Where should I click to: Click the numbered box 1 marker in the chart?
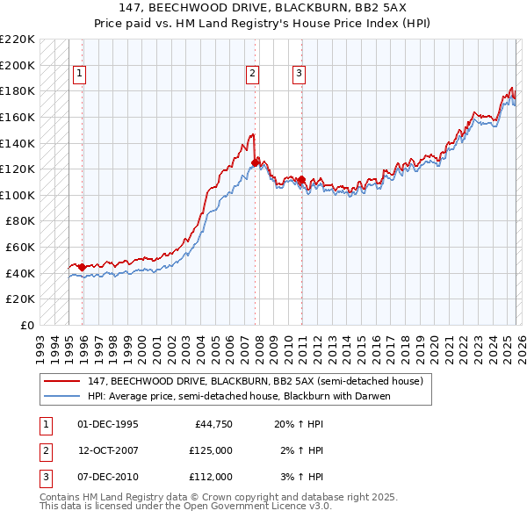click(x=79, y=75)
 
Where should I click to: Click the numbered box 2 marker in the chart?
click(x=252, y=75)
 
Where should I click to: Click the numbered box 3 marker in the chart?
click(x=299, y=75)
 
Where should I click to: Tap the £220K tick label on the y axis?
click(x=18, y=40)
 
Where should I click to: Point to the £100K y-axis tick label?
click(x=18, y=195)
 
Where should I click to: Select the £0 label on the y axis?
click(x=28, y=325)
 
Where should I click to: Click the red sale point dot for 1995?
click(x=82, y=267)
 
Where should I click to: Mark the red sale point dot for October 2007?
click(x=255, y=162)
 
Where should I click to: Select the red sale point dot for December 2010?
click(x=301, y=180)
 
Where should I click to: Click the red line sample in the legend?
click(x=61, y=382)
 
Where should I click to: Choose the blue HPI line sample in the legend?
click(x=61, y=396)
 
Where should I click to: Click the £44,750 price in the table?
click(x=211, y=424)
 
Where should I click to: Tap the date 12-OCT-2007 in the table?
click(x=107, y=450)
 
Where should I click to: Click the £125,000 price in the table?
click(x=211, y=450)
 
